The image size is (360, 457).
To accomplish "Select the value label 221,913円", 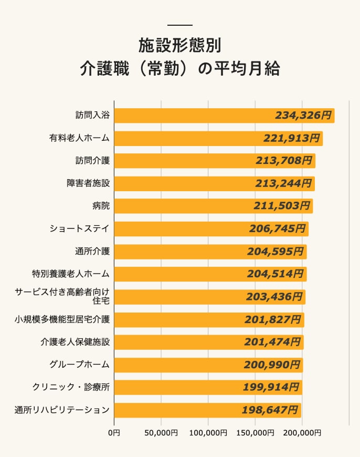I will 293,138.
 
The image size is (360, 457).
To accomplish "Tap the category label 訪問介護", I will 92,161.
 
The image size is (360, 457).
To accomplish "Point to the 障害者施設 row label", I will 88,183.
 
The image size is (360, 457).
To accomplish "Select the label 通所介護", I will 92,251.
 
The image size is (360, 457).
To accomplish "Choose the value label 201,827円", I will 273,319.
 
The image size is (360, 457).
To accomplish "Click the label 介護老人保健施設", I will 75,342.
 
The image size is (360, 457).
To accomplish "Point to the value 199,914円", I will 272,387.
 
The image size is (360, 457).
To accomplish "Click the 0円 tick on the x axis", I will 114,433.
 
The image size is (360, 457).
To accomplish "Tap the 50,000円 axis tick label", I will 161,433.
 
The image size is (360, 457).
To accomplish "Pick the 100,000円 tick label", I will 208,433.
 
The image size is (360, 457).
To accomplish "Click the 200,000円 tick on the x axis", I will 302,433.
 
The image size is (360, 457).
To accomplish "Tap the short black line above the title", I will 179,25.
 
